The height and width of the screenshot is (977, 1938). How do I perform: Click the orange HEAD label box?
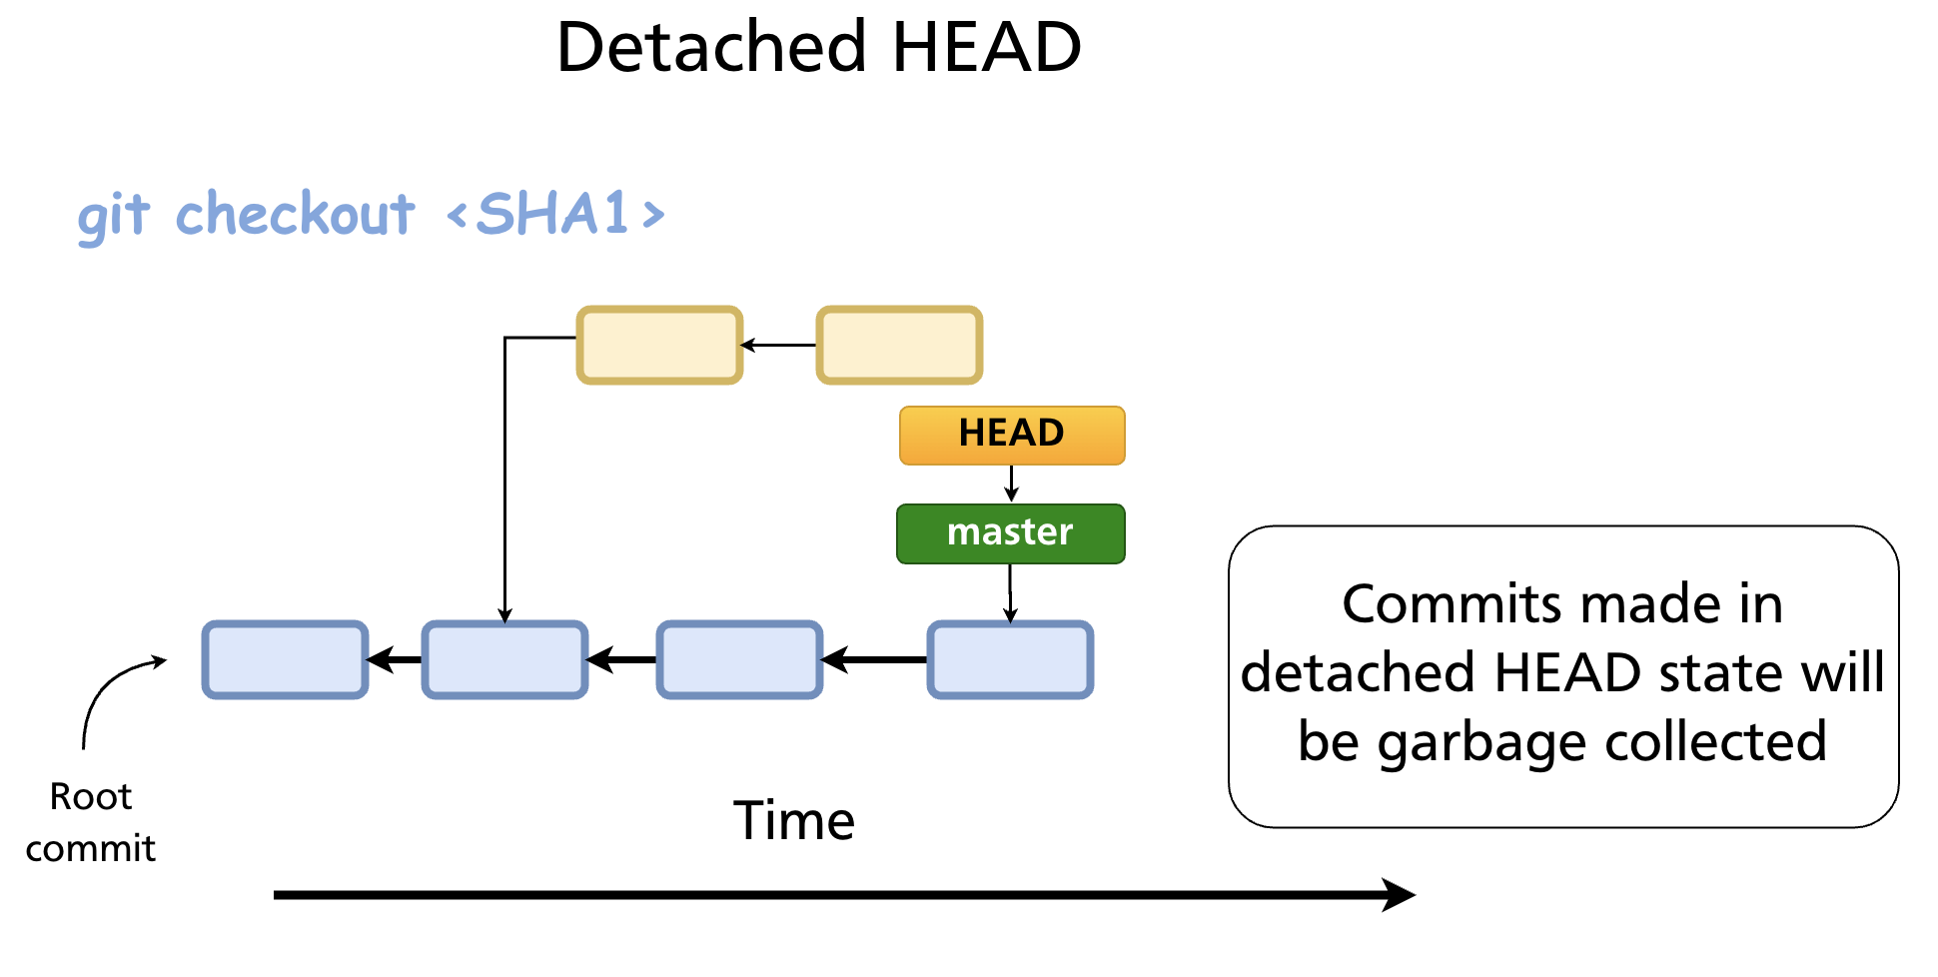(x=1011, y=435)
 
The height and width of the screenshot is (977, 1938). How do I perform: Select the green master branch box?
(x=1010, y=533)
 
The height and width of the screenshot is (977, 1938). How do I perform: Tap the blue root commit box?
(x=285, y=659)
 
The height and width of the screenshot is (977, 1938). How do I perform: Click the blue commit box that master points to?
(x=1010, y=659)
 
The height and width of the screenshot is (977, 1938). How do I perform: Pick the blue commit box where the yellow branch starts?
(x=504, y=659)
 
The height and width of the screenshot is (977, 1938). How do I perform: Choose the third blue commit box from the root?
(x=739, y=659)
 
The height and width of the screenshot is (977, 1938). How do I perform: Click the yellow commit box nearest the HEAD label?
(x=899, y=345)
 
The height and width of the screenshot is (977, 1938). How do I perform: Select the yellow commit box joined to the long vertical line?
(x=659, y=345)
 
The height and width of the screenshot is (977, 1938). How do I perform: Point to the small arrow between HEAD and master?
(x=1011, y=484)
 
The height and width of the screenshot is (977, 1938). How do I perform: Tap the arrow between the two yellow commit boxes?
(x=778, y=345)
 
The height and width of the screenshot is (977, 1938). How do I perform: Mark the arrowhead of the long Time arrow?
(x=1399, y=894)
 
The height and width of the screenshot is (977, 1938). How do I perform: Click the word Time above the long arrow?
(x=794, y=821)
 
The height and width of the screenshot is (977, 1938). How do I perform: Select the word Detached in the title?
(x=710, y=47)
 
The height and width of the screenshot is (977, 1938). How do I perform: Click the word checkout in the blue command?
(x=295, y=214)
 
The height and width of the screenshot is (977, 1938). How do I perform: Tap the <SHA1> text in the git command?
(x=555, y=214)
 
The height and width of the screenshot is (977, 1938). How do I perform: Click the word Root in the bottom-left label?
(x=90, y=796)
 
